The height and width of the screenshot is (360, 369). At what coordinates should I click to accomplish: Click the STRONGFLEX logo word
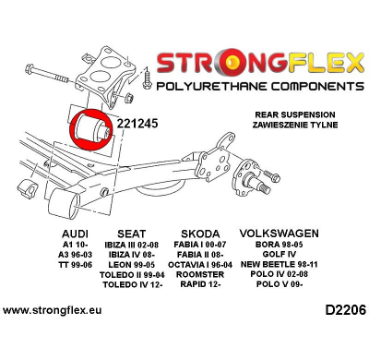[x=260, y=64]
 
